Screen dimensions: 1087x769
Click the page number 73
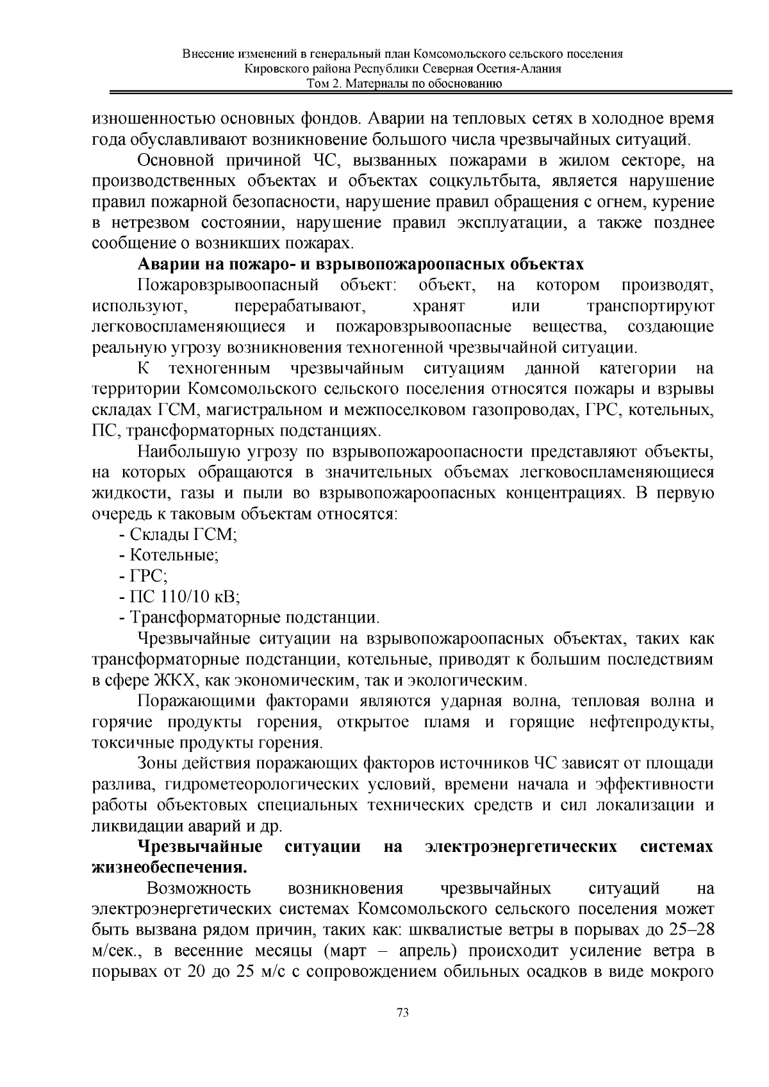tap(403, 1013)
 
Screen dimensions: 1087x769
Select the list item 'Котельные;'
tap(170, 556)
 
